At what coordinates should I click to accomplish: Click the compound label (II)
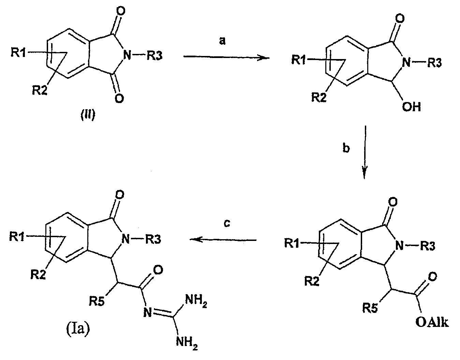88,115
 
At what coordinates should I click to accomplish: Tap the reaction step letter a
222,41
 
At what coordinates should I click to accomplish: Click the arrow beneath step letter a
226,57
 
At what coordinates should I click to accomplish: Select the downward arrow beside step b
365,152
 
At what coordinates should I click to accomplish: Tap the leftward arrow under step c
223,240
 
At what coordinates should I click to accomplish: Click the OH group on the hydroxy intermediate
411,107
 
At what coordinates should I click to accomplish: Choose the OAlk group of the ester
432,322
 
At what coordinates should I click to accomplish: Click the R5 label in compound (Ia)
97,302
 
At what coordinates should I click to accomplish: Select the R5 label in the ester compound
370,308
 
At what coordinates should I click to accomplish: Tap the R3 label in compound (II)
155,56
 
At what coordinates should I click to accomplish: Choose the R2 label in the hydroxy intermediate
319,98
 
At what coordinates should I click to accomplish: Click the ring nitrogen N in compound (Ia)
125,240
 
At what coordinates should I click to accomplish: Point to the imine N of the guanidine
148,312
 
